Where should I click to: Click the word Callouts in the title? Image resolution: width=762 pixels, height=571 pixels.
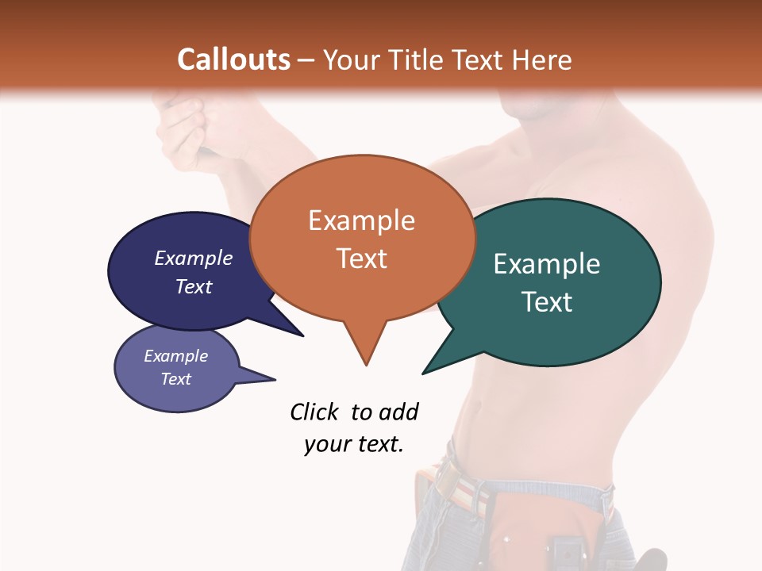[233, 59]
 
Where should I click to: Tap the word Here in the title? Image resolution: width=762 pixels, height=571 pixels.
[542, 59]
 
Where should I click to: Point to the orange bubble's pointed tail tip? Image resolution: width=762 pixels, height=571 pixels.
[366, 365]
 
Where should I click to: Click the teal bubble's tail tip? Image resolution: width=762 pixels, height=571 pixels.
[422, 374]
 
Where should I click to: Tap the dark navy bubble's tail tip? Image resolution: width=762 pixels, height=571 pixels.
[303, 336]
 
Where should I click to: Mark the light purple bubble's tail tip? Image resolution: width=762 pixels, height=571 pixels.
[275, 379]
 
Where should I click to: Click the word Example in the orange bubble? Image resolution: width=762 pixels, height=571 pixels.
[362, 220]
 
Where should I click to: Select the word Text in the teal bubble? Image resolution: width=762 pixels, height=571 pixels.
[547, 302]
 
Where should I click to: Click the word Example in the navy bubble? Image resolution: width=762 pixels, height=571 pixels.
[193, 258]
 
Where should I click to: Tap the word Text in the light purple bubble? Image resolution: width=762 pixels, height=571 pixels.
[176, 379]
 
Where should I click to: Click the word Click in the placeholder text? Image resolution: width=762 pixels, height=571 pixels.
[314, 412]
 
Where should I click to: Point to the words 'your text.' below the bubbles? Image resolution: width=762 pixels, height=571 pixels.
[354, 444]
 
